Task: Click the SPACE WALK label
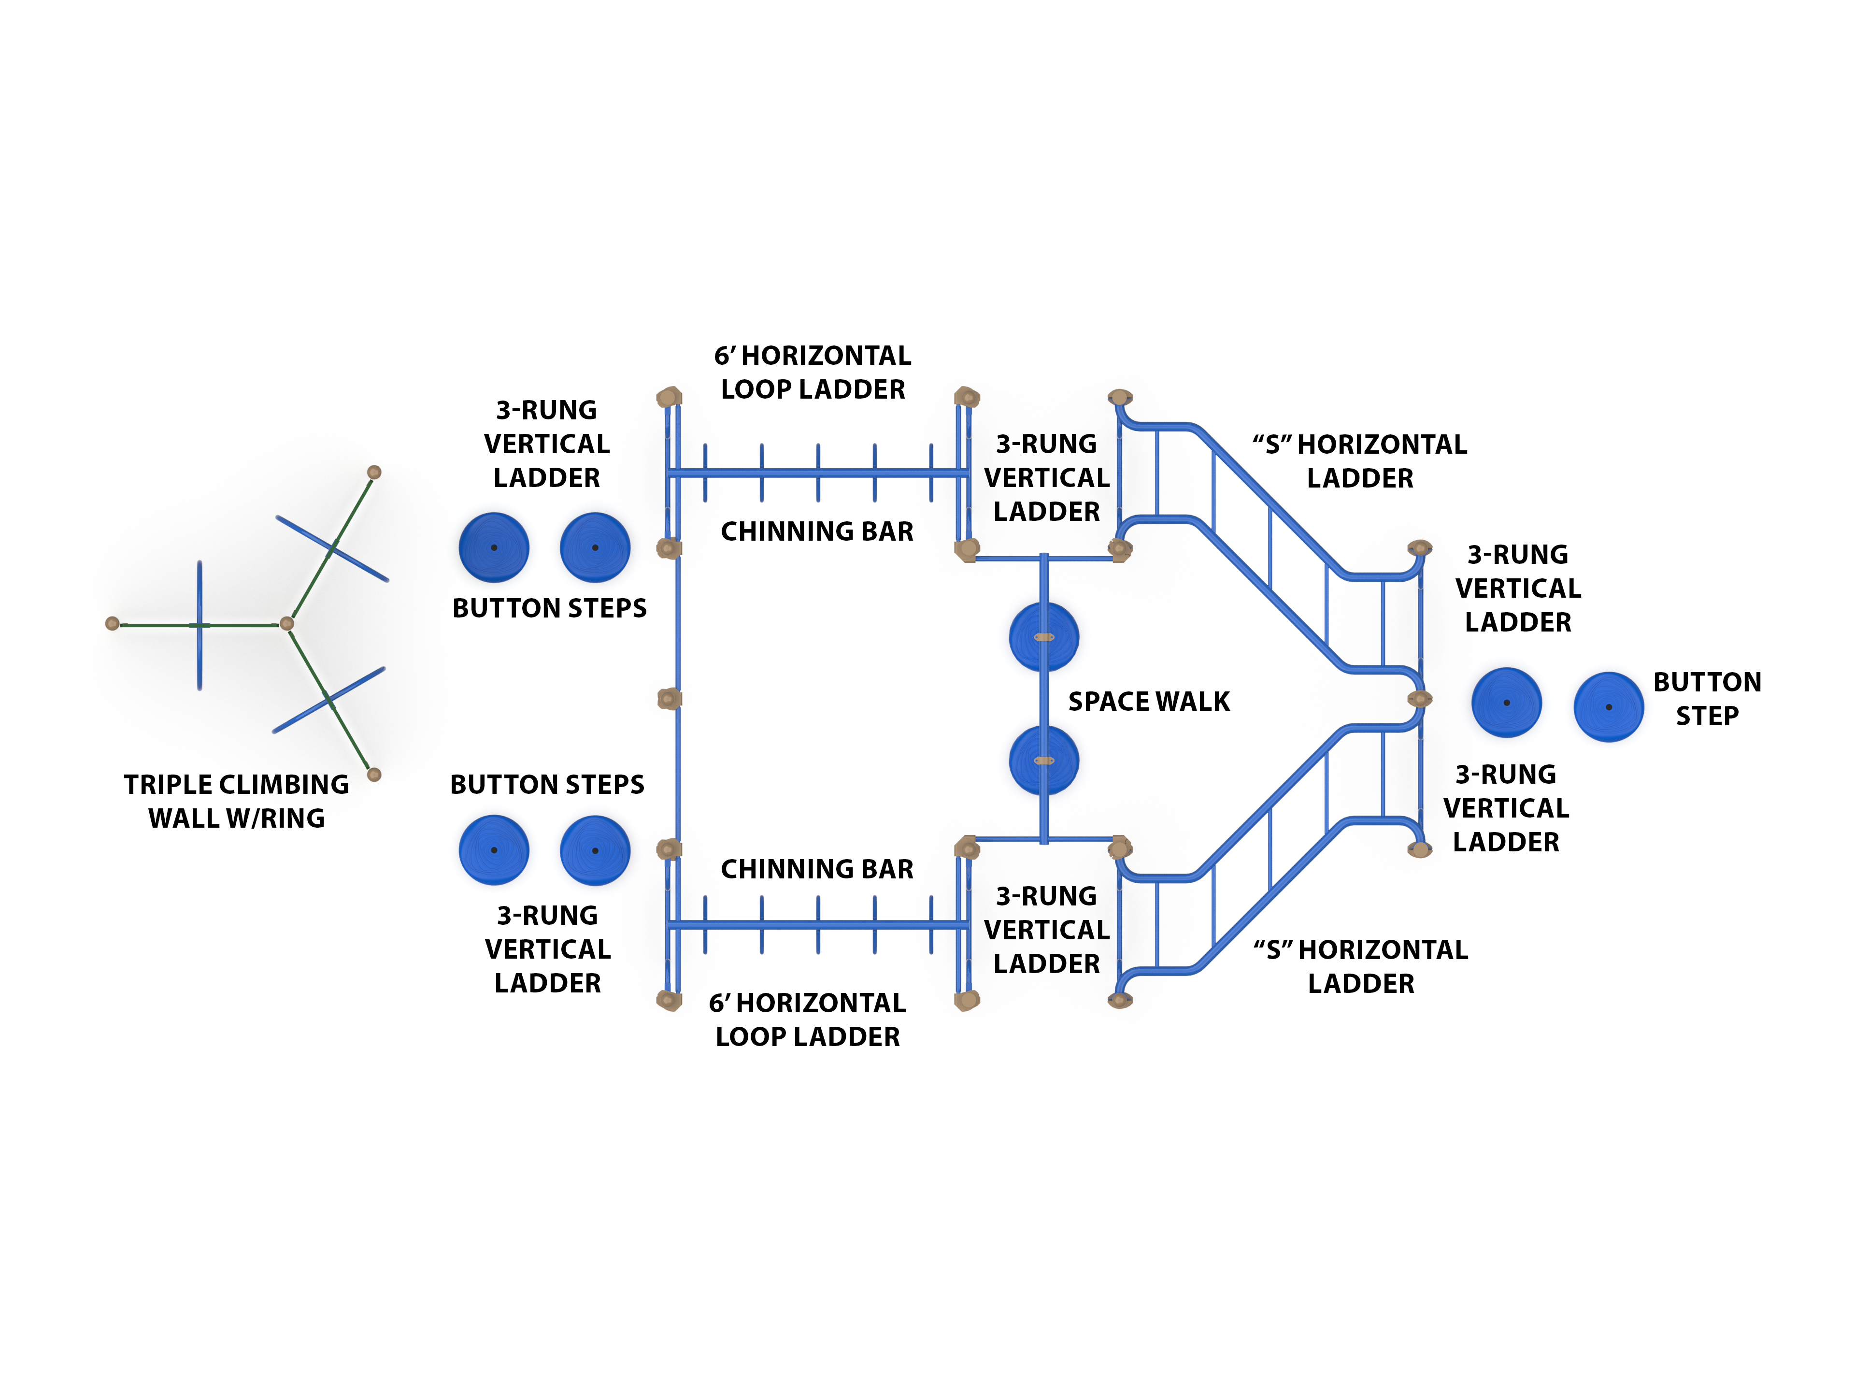click(1148, 701)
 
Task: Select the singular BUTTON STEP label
click(1707, 699)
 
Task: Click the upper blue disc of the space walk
click(1043, 636)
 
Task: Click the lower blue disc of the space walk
click(1043, 761)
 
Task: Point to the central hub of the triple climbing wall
click(287, 623)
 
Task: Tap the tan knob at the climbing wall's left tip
click(113, 623)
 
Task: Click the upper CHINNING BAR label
click(817, 531)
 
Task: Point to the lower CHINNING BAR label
click(817, 869)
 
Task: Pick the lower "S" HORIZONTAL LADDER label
click(1360, 966)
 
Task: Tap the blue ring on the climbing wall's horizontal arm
click(200, 625)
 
